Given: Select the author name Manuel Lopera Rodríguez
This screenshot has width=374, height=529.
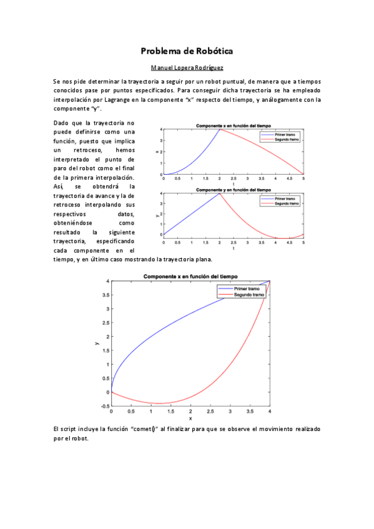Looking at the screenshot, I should tap(187, 67).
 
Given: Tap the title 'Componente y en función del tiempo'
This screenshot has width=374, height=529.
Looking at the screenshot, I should tap(233, 189).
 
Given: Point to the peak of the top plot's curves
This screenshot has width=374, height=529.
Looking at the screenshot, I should tap(219, 129).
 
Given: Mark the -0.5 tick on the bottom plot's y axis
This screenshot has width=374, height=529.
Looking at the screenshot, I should tap(107, 406).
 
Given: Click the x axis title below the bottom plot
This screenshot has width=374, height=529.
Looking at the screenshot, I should tap(190, 418).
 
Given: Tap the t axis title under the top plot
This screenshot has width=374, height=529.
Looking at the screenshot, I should tap(233, 184).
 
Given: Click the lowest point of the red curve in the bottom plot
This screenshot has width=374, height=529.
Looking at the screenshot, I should tap(160, 404).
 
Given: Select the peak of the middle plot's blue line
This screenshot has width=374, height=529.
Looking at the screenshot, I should tap(219, 193).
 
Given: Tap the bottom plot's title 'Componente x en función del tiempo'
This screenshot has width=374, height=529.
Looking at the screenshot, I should tap(190, 276).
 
